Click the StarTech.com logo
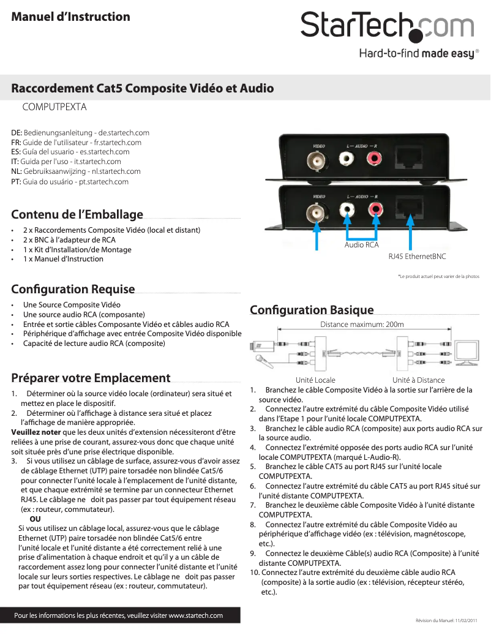coord(387,26)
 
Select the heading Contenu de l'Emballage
coord(77,215)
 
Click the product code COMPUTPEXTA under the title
coord(54,107)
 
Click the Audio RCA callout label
coord(361,245)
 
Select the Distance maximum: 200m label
coord(362,325)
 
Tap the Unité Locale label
coord(315,380)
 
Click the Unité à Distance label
coord(418,380)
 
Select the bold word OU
coord(36,519)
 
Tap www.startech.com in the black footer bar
coord(195,615)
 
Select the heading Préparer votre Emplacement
coord(91,378)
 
